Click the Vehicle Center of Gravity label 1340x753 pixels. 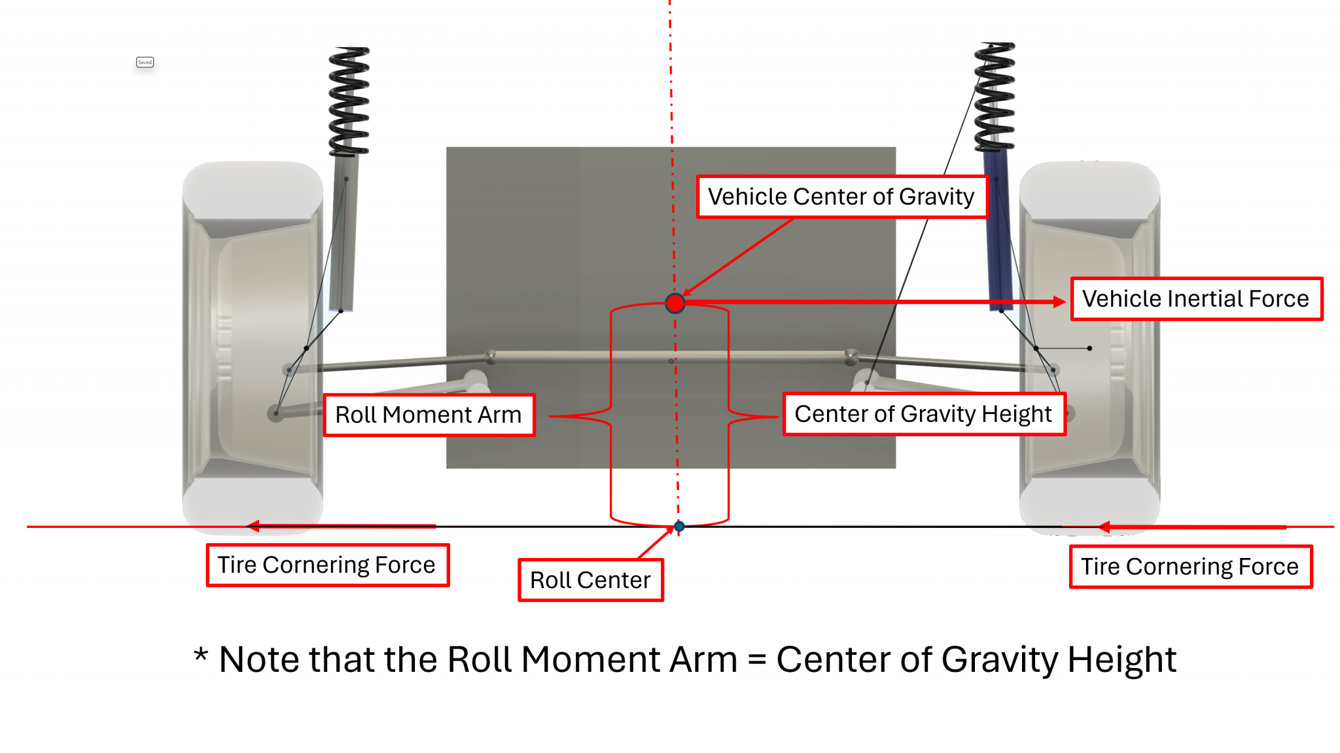click(x=841, y=196)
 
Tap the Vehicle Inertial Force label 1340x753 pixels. click(x=1195, y=299)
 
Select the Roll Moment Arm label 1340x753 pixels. click(x=429, y=415)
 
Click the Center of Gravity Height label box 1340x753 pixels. click(x=923, y=414)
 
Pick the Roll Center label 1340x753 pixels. click(x=590, y=580)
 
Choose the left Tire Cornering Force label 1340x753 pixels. click(x=327, y=565)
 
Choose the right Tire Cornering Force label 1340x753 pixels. click(x=1190, y=567)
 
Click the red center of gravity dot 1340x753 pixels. click(x=675, y=303)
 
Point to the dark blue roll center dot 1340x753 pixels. click(x=679, y=526)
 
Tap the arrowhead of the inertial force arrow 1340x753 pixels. click(x=1059, y=302)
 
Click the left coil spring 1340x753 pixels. click(x=349, y=101)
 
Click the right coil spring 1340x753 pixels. click(x=995, y=97)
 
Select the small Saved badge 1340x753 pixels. click(x=145, y=62)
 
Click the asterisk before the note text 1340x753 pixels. click(x=201, y=655)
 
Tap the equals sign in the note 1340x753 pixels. click(x=756, y=659)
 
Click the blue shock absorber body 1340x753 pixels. click(x=998, y=229)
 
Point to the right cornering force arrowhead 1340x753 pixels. click(x=1104, y=527)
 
